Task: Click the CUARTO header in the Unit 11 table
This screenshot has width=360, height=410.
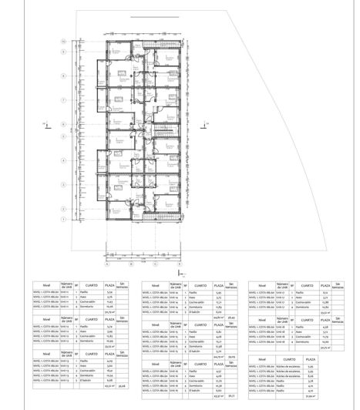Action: tap(91, 284)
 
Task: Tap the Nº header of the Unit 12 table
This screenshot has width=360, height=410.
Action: tap(78, 318)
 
